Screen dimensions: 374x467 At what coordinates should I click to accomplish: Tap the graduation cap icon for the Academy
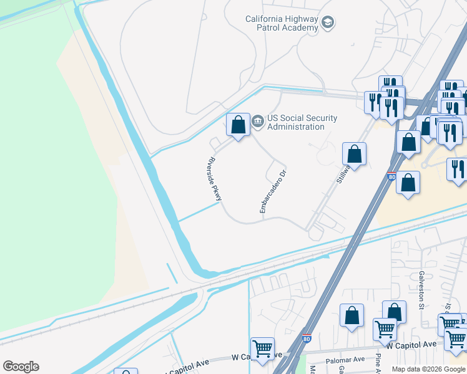pyautogui.click(x=328, y=24)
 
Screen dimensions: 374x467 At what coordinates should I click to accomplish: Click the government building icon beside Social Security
pyautogui.click(x=258, y=122)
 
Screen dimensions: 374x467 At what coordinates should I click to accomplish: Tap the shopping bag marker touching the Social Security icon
pyautogui.click(x=237, y=125)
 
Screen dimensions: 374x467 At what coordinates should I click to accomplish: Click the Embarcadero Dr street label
pyautogui.click(x=273, y=192)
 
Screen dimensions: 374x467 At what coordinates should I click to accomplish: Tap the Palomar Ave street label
pyautogui.click(x=345, y=360)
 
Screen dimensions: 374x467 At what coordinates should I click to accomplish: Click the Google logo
pyautogui.click(x=21, y=367)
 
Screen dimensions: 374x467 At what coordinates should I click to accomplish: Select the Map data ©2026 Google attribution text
pyautogui.click(x=429, y=369)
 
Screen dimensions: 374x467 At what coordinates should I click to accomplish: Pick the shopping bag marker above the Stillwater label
pyautogui.click(x=354, y=154)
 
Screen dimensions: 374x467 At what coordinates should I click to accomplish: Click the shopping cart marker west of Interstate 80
pyautogui.click(x=262, y=348)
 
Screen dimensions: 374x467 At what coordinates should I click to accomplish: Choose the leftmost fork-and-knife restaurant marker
pyautogui.click(x=374, y=101)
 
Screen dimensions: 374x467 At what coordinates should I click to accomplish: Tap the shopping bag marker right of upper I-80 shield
pyautogui.click(x=408, y=183)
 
